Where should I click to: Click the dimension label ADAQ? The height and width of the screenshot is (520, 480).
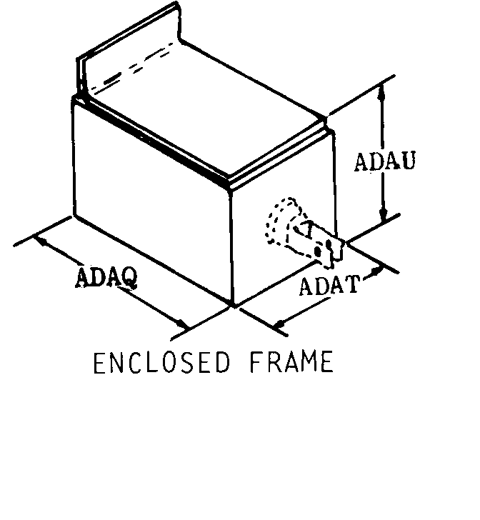106,276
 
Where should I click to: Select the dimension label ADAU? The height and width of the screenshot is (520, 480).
385,161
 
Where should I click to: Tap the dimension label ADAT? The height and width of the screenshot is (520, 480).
329,285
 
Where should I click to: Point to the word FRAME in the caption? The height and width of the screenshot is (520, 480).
291,362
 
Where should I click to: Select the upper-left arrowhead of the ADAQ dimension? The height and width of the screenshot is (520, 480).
40,239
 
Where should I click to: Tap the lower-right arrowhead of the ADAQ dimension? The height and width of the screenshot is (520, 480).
181,324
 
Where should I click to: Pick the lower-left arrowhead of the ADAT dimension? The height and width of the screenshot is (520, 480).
281,324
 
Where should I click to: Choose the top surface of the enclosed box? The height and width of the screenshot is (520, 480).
206,109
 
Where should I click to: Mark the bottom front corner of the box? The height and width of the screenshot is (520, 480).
233,304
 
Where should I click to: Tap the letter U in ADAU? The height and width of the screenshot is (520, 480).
408,161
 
